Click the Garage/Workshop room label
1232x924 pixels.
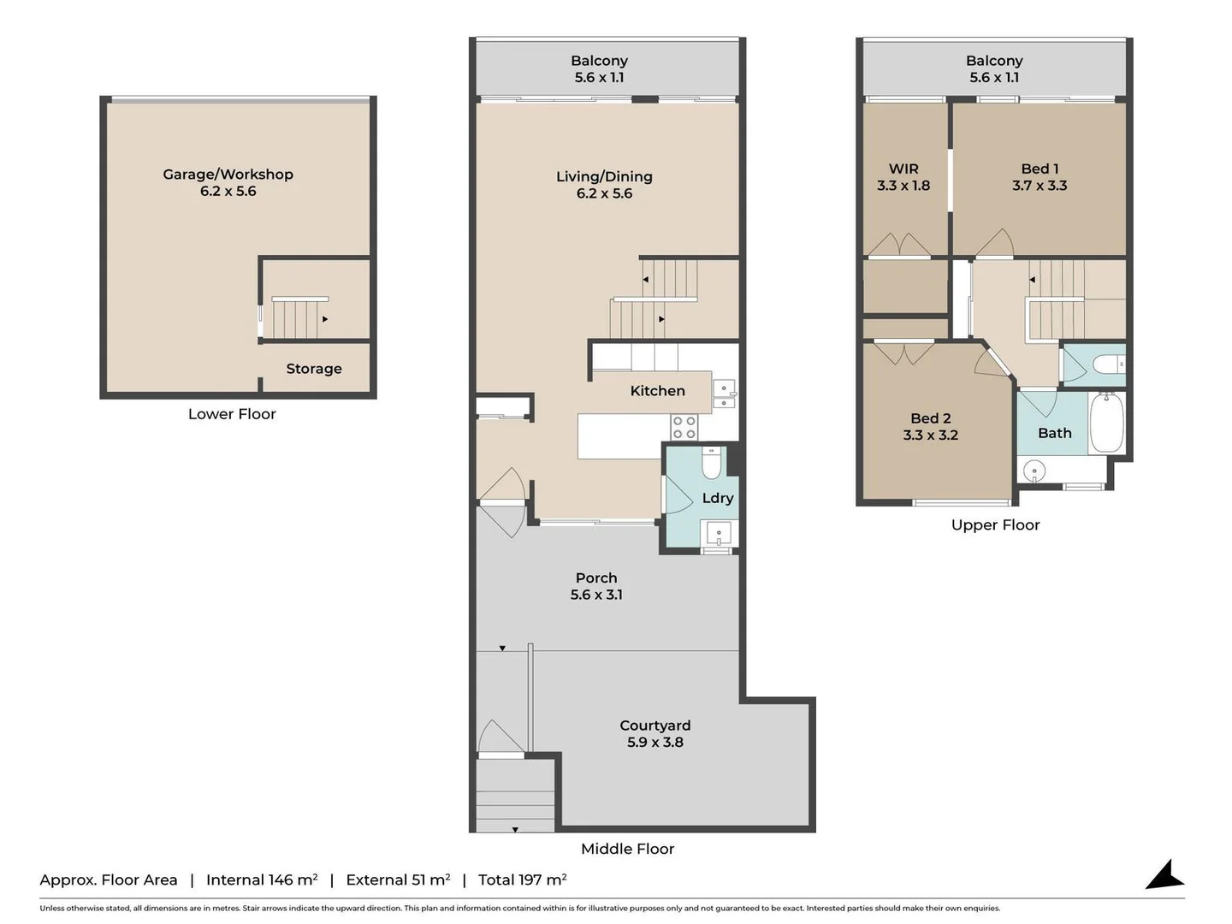coord(228,175)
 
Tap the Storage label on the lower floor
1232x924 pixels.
coord(313,369)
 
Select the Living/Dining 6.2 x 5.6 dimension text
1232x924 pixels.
coord(604,193)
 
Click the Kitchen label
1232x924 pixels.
coord(657,391)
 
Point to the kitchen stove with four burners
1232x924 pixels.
coord(684,428)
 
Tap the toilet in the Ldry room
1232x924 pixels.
coord(711,464)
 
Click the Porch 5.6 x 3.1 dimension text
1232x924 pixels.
coord(596,595)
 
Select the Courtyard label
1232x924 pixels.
coord(654,726)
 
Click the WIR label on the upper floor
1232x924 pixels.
coord(903,169)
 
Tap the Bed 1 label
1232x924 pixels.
coord(1039,169)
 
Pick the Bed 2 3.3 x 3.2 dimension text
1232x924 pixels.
coord(930,435)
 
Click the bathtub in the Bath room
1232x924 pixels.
coord(1106,423)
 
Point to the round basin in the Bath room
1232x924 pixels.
coord(1035,471)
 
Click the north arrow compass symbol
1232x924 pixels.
coord(1164,875)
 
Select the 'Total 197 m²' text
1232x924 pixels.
coord(522,880)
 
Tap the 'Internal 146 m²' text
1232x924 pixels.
coord(262,880)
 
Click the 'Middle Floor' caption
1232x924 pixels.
coord(627,849)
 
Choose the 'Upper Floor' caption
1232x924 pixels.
coord(995,525)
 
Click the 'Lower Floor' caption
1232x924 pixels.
coord(232,414)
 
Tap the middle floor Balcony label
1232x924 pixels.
coord(599,61)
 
